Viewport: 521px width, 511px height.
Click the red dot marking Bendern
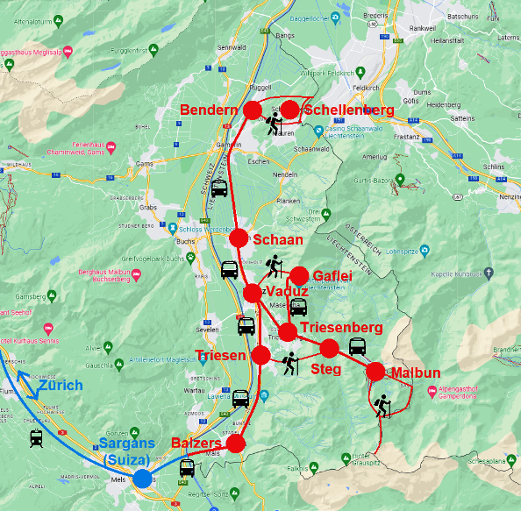coord(252,110)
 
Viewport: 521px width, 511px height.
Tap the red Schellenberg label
coord(348,110)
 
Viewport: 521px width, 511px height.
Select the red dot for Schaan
coord(239,238)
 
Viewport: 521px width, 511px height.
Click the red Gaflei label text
coord(332,276)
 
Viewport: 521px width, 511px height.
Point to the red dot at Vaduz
coord(253,292)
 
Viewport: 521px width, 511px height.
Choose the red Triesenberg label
coord(341,328)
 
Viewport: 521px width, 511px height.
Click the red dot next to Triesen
coord(260,355)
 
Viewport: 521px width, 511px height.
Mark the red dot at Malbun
coord(375,371)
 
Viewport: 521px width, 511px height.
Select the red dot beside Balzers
coord(235,444)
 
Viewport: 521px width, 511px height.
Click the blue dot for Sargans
coord(141,478)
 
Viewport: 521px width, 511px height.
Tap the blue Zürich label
coord(61,385)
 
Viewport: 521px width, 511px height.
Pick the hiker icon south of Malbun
coord(382,406)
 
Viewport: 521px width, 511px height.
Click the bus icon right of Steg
coord(358,345)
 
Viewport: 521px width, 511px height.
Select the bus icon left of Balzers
coord(188,468)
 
